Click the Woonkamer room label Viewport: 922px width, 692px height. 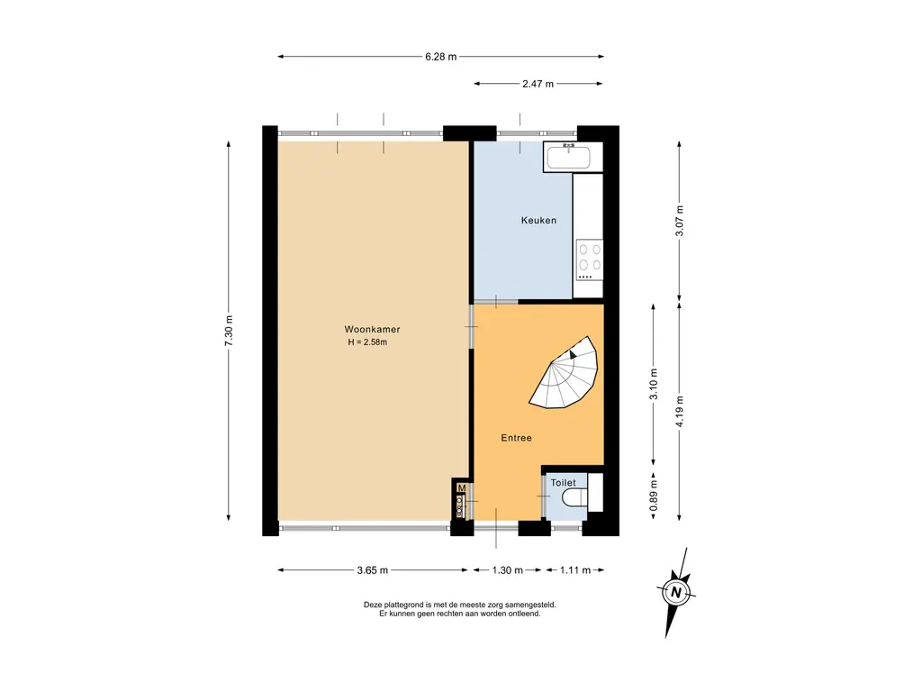pyautogui.click(x=372, y=330)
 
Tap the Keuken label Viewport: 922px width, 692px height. pyautogui.click(x=538, y=221)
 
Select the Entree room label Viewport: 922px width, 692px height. pyautogui.click(x=516, y=438)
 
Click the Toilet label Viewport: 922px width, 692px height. pyautogui.click(x=564, y=483)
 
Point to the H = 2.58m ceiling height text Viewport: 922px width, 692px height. pyautogui.click(x=367, y=342)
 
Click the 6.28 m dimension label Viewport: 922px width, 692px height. pyautogui.click(x=441, y=57)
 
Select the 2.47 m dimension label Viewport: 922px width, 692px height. pyautogui.click(x=538, y=84)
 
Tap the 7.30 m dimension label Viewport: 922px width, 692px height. pyautogui.click(x=230, y=331)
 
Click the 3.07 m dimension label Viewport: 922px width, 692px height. pyautogui.click(x=680, y=221)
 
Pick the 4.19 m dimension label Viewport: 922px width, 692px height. pyautogui.click(x=680, y=411)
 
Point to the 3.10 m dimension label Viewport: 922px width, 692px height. pyautogui.click(x=654, y=384)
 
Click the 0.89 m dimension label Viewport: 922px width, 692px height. pyautogui.click(x=654, y=496)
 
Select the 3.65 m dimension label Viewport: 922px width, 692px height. pyautogui.click(x=372, y=570)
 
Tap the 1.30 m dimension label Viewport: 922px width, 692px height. pyautogui.click(x=508, y=570)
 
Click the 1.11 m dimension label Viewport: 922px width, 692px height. pyautogui.click(x=575, y=570)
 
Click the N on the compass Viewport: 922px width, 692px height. pyautogui.click(x=676, y=593)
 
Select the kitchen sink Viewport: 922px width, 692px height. pyautogui.click(x=569, y=157)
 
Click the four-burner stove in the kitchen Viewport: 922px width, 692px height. pyautogui.click(x=590, y=259)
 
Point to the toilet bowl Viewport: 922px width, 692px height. pyautogui.click(x=572, y=498)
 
